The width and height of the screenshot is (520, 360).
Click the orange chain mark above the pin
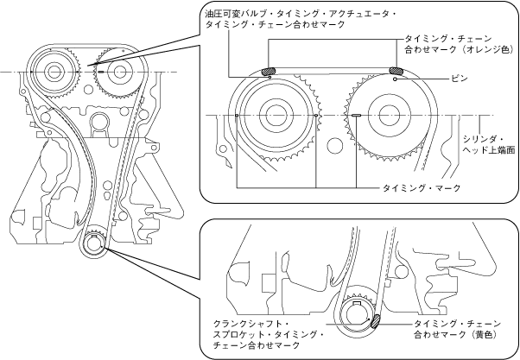(396, 71)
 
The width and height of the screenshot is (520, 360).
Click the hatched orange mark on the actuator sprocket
(269, 71)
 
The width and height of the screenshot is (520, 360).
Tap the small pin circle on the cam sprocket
(395, 79)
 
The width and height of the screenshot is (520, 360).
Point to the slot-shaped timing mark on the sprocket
(356, 114)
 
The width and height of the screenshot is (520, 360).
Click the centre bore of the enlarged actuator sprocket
(277, 113)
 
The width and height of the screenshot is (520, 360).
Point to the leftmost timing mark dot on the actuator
(236, 113)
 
